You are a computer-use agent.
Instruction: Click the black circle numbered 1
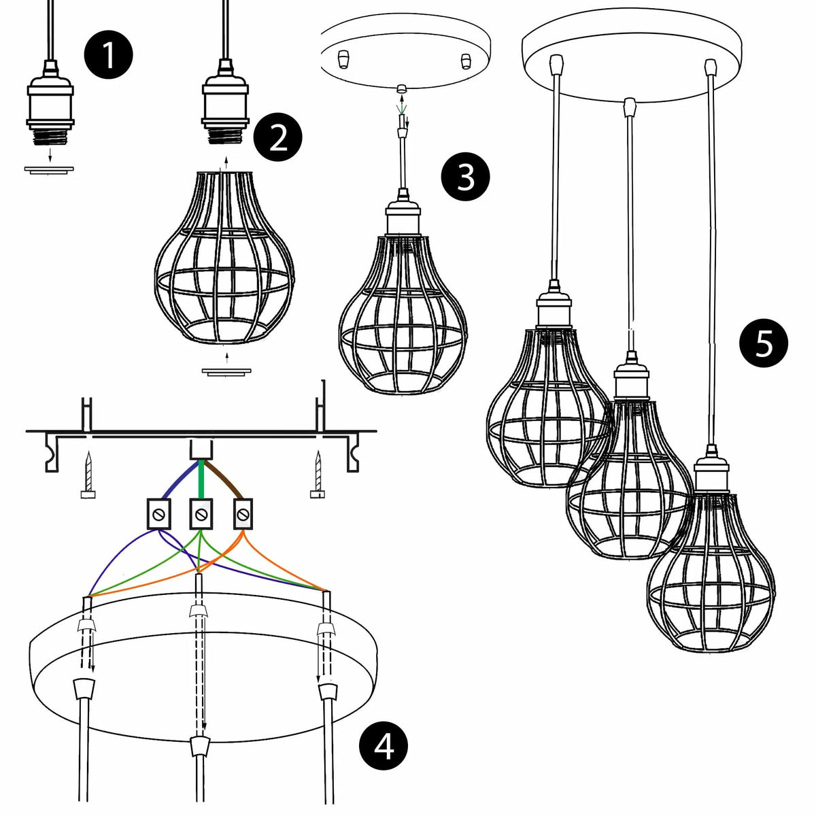108,55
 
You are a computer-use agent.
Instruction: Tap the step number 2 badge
278,137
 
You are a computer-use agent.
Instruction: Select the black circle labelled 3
465,177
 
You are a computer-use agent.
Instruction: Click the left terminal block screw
159,515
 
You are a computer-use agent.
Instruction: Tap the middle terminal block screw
201,515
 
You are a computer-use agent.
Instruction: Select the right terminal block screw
243,515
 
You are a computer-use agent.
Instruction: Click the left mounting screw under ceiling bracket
88,474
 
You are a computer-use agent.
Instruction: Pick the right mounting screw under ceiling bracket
318,474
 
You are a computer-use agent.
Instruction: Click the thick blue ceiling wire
178,481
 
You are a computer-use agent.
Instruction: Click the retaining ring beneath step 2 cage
226,372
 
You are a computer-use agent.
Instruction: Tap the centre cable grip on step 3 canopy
401,88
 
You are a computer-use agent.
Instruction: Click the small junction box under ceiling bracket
201,449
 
